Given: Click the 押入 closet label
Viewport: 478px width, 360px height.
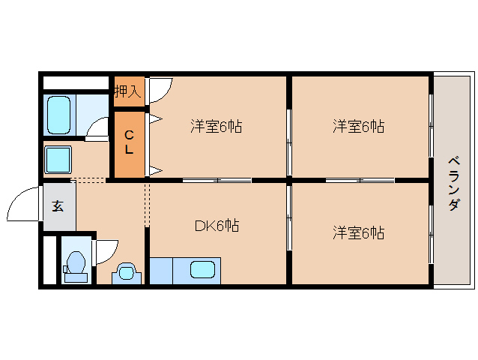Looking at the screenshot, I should (127, 91).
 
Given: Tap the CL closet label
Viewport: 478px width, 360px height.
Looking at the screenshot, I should (129, 142).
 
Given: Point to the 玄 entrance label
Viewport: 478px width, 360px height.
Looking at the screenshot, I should (58, 205).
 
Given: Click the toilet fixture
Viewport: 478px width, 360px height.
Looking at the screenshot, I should (74, 265).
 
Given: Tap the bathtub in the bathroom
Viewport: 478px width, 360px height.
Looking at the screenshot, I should (58, 114).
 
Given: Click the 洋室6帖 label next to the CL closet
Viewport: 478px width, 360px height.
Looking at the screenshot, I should (216, 127).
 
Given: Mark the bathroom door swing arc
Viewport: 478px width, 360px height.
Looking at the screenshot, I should (97, 129).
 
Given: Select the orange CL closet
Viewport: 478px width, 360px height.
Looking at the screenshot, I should (129, 145).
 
